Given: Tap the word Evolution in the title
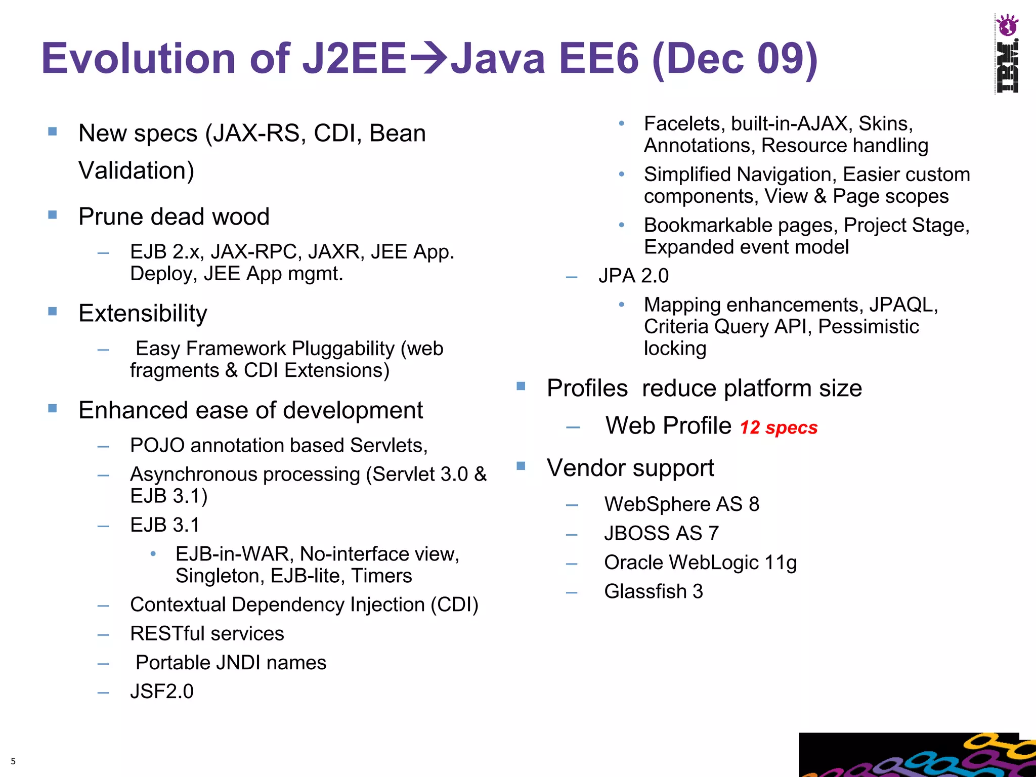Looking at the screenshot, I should click(x=140, y=58).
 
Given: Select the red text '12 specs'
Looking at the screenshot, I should click(x=779, y=427).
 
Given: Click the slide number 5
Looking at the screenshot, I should click(x=13, y=761).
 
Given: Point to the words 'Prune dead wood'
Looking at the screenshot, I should click(x=174, y=217).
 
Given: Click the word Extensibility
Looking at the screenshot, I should click(x=143, y=313).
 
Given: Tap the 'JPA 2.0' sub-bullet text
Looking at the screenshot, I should click(x=633, y=276).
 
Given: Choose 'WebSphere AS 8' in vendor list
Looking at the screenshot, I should click(x=681, y=504).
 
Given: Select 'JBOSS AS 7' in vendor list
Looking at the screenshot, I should click(x=661, y=533).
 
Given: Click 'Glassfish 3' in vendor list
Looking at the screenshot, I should click(x=653, y=591).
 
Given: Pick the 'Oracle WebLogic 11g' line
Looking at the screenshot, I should click(x=700, y=563).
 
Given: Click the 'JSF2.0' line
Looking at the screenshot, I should click(x=162, y=692).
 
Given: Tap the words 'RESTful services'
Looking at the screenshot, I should click(x=207, y=633).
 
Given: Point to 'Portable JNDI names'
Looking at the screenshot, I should click(x=231, y=663).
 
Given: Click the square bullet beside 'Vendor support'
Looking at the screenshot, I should click(x=521, y=465).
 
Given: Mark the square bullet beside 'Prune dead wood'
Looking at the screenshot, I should click(x=53, y=214).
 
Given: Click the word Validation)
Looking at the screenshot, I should click(x=136, y=170).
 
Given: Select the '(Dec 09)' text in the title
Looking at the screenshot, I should click(x=735, y=58).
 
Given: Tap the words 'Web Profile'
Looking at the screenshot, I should click(x=668, y=425).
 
